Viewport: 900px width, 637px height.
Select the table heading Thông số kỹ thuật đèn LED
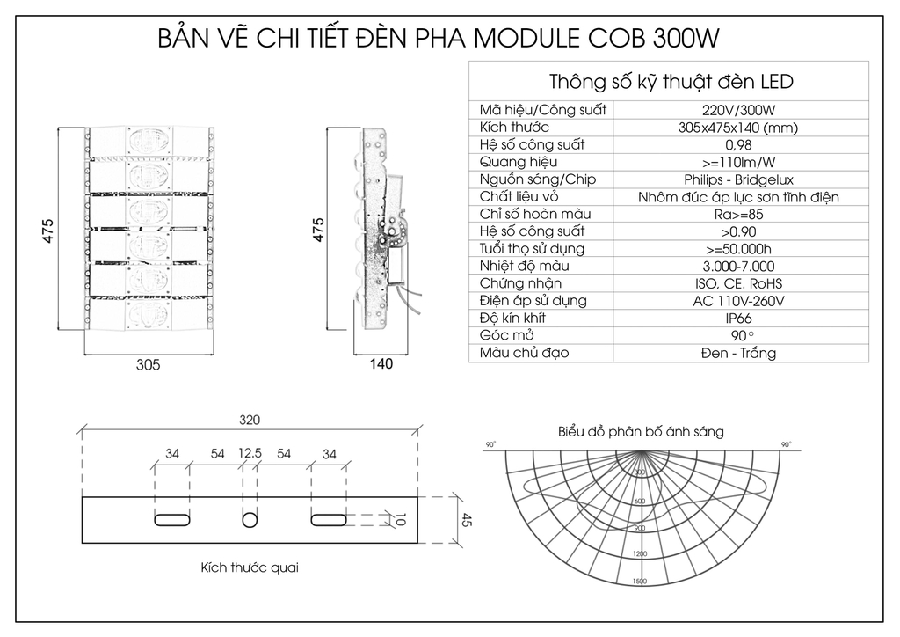pyautogui.click(x=671, y=82)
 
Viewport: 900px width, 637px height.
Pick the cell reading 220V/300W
pyautogui.click(x=738, y=111)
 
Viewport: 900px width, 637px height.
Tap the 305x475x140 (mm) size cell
pyautogui.click(x=738, y=128)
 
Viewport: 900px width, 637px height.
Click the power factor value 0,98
pyautogui.click(x=738, y=145)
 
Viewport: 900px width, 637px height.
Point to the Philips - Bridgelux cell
pyautogui.click(x=738, y=179)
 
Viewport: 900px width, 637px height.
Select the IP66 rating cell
pyautogui.click(x=738, y=318)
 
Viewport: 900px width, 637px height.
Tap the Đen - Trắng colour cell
pyautogui.click(x=738, y=354)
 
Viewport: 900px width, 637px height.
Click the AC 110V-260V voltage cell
pyautogui.click(x=738, y=301)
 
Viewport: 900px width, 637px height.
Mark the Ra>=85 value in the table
pyautogui.click(x=738, y=214)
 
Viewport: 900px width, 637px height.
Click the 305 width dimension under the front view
pyautogui.click(x=149, y=366)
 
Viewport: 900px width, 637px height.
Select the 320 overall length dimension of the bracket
pyautogui.click(x=249, y=421)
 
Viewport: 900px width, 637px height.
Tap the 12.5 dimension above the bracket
pyautogui.click(x=250, y=454)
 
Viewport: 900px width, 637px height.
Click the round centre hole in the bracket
pyautogui.click(x=250, y=519)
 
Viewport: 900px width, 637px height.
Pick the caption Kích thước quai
pyautogui.click(x=249, y=567)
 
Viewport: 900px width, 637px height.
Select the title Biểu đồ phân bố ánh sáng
pyautogui.click(x=641, y=432)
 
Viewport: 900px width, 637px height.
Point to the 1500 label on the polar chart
pyautogui.click(x=639, y=582)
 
